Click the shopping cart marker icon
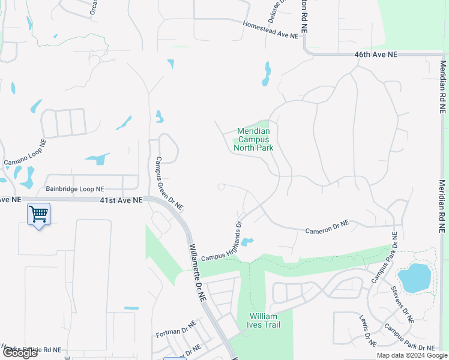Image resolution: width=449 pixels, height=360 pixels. pos(38,214)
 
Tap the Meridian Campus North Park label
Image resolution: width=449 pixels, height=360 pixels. pos(255,139)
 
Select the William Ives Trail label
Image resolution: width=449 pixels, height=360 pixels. pos(264,320)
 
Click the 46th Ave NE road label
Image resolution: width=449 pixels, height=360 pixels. pos(376,55)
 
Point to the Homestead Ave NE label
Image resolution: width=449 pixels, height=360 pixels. pos(270,31)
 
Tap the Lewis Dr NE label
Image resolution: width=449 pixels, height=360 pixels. pos(367,331)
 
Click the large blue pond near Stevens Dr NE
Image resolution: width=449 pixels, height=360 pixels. pos(414,277)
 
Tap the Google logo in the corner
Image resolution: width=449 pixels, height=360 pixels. pos(19,353)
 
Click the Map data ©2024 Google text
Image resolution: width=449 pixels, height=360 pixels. pos(411,355)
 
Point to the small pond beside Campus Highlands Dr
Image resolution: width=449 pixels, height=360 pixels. pos(246,242)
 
